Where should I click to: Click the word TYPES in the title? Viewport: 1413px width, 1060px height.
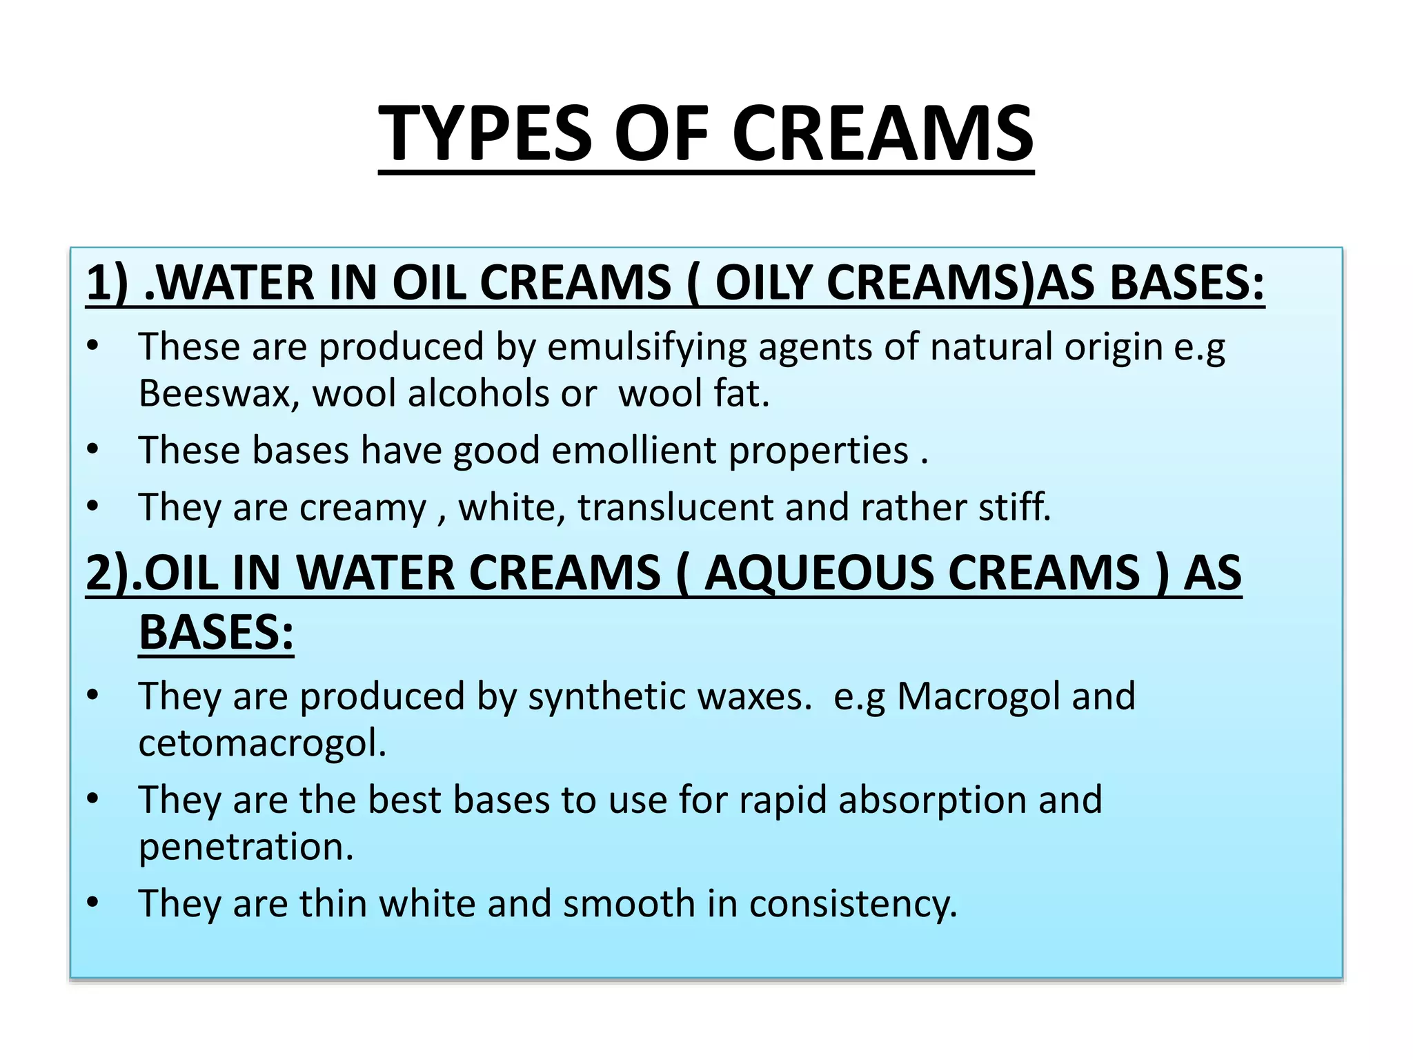coord(486,134)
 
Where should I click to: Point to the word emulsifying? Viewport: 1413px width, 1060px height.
coord(647,347)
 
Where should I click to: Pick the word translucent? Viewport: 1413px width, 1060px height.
coord(675,507)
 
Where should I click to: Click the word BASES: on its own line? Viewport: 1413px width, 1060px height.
coord(216,633)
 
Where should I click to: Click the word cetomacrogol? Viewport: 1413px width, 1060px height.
coord(262,743)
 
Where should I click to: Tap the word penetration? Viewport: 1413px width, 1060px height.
coord(246,847)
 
